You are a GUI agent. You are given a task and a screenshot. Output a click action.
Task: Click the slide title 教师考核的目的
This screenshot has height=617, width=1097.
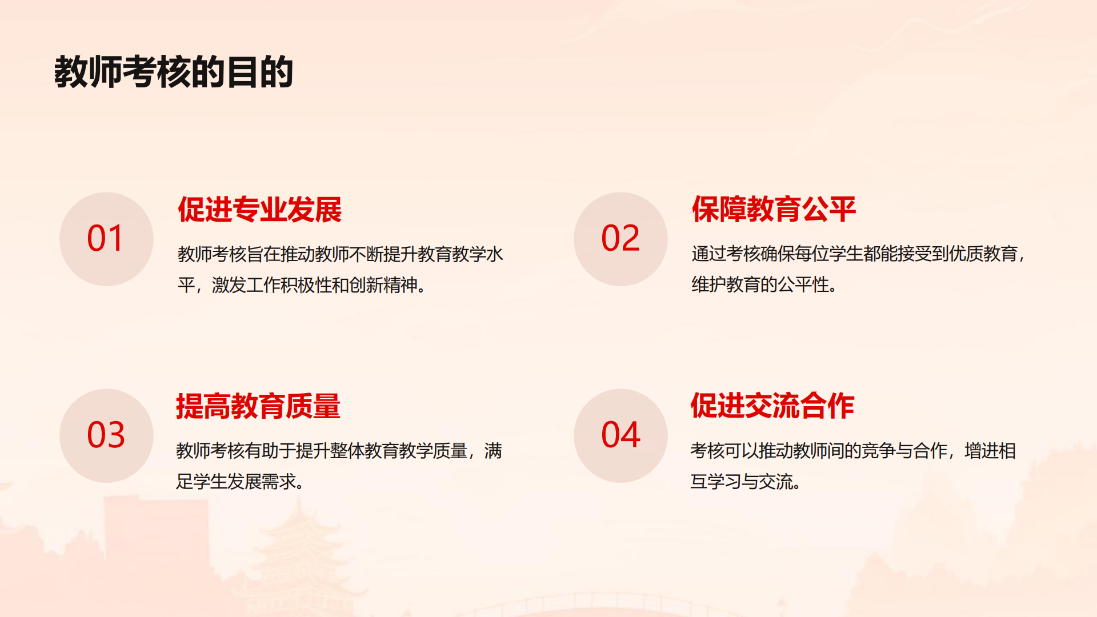[174, 72]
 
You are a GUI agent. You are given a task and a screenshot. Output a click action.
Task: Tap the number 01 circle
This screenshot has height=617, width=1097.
[106, 239]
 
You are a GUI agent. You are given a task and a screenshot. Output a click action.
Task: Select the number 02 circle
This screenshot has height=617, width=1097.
[620, 239]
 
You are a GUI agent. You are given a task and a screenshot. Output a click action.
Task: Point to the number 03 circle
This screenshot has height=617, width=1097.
[106, 435]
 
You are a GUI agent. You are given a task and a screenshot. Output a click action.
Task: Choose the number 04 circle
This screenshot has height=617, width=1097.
[620, 435]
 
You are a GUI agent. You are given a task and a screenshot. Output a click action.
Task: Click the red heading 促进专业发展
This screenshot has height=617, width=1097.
[260, 209]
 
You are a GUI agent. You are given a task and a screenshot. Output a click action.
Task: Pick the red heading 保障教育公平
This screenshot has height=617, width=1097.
[774, 209]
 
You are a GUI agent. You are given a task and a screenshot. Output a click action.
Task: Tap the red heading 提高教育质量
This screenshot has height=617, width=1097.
[258, 406]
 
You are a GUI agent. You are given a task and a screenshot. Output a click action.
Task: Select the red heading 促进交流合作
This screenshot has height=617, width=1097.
[772, 406]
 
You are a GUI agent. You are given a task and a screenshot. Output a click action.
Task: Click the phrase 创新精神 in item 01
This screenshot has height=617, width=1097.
[383, 285]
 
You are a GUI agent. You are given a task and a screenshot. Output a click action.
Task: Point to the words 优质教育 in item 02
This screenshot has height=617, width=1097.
[983, 254]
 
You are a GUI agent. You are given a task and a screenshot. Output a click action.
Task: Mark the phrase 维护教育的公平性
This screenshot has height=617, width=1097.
[760, 285]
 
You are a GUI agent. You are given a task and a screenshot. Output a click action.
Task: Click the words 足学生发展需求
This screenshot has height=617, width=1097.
[236, 482]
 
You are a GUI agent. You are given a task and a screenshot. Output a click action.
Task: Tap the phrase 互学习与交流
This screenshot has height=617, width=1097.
[742, 482]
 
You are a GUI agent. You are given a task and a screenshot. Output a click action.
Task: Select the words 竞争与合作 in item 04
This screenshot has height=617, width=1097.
[904, 451]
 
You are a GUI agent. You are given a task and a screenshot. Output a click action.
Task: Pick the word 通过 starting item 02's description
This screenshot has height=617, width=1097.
[709, 254]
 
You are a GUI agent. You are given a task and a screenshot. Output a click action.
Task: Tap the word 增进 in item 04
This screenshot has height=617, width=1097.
[982, 451]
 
